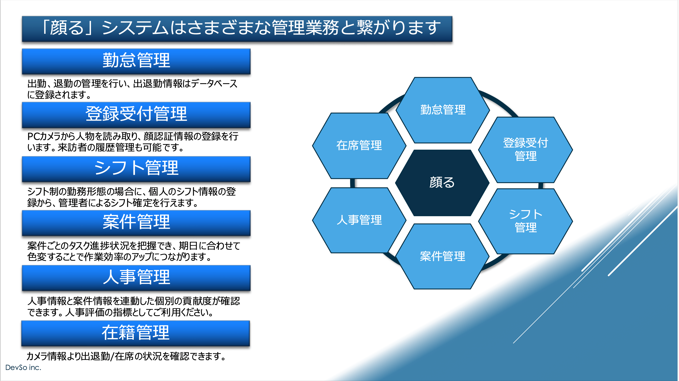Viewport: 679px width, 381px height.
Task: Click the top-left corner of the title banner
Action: tap(22, 16)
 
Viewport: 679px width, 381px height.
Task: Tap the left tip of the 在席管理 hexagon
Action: tap(312, 146)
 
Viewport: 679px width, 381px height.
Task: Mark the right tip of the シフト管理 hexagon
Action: tap(573, 221)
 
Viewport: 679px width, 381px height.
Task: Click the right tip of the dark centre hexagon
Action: tap(489, 183)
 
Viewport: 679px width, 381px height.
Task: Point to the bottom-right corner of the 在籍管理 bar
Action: tap(250, 346)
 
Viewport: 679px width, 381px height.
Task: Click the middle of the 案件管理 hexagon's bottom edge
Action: tap(442, 289)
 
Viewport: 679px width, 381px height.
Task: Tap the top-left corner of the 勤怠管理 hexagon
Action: tap(415, 77)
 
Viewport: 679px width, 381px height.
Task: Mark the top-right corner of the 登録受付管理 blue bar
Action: tap(250, 102)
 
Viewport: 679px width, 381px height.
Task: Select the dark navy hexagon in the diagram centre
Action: tap(442, 183)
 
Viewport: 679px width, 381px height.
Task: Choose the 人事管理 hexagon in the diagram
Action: tap(359, 220)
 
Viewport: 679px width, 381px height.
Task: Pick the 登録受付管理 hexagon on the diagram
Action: tap(526, 150)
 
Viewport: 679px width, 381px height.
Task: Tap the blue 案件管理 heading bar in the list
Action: tap(136, 223)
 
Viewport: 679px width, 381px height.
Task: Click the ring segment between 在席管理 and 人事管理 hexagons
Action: tap(353, 183)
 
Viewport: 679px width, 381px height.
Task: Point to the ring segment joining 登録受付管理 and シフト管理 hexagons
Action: tap(541, 186)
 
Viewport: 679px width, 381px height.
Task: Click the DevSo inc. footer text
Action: tap(23, 367)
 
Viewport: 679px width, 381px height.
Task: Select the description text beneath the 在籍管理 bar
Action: tap(126, 356)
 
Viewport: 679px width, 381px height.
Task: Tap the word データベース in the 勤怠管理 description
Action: tap(214, 83)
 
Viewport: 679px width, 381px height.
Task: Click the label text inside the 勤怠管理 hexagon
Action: tap(443, 110)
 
